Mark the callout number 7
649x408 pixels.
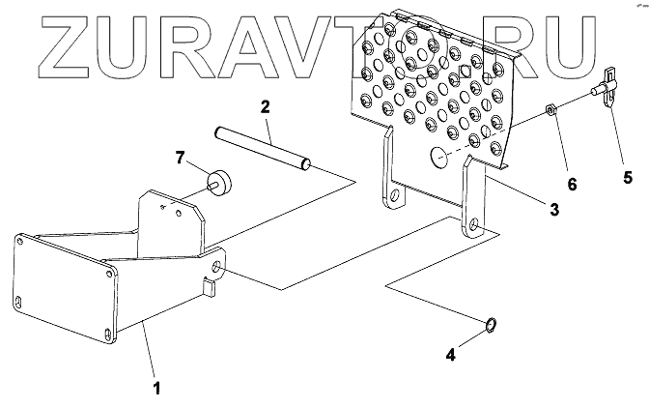coord(179,157)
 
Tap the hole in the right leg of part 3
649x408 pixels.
coord(473,227)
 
